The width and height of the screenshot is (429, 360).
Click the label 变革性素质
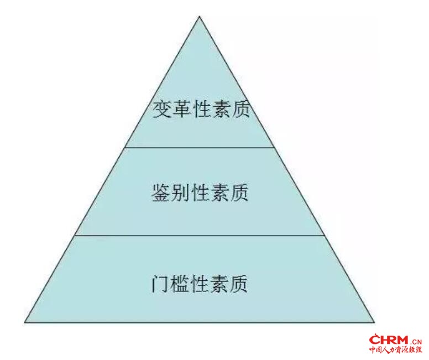pos(201,110)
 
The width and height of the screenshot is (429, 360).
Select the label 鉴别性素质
pos(200,193)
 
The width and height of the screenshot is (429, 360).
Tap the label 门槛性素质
pos(199,284)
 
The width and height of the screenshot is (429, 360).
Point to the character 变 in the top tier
pos(161,110)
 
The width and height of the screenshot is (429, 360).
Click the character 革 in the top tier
pos(181,110)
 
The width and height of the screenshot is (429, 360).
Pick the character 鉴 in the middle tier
pos(160,193)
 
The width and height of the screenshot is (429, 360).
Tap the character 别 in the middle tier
pos(180,193)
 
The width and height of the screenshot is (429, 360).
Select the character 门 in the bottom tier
pos(160,284)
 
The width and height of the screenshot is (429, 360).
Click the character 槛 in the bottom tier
pos(180,284)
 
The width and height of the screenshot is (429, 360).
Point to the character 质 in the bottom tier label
pos(239,284)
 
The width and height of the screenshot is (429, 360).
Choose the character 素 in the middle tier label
pos(219,193)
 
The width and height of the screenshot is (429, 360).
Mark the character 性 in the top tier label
pos(201,110)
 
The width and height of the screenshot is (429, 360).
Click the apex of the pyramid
pos(200,17)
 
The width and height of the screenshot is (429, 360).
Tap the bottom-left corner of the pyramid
pos(25,322)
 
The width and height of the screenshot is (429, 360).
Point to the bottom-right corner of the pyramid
pos(374,322)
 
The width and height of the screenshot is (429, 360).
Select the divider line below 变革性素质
pos(200,148)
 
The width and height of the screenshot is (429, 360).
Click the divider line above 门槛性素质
pos(200,235)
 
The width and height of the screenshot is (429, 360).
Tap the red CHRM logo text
pos(389,340)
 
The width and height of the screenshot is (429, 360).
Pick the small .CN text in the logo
pos(416,342)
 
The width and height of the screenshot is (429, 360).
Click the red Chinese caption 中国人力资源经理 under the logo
pos(396,350)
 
